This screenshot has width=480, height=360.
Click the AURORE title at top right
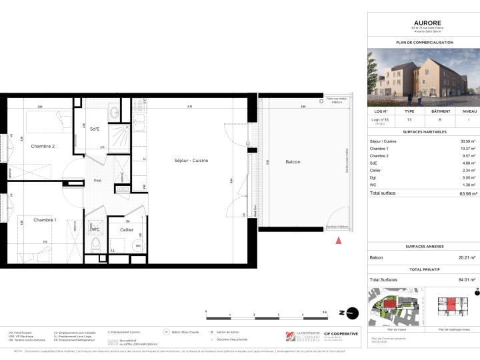424,22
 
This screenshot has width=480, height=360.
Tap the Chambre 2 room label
43,146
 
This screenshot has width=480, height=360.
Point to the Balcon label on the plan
292,162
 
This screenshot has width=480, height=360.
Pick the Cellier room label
127,230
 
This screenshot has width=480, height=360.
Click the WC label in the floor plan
95,230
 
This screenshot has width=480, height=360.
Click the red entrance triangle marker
339,240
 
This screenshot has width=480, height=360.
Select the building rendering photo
423,75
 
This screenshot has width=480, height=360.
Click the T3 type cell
409,121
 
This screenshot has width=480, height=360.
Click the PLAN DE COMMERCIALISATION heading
424,42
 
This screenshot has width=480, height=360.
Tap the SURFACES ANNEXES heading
424,247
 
